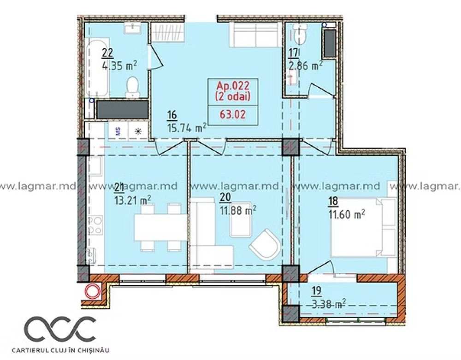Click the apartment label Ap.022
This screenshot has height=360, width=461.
(233, 86)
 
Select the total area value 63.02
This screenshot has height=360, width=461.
(232, 114)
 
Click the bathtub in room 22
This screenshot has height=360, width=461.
(98, 67)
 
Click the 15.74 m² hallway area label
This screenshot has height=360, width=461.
(186, 128)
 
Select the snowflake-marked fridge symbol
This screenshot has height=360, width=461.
(138, 131)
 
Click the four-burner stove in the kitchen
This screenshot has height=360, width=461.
(95, 224)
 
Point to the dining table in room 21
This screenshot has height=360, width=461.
(161, 228)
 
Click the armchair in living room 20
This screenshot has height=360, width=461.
(265, 244)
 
